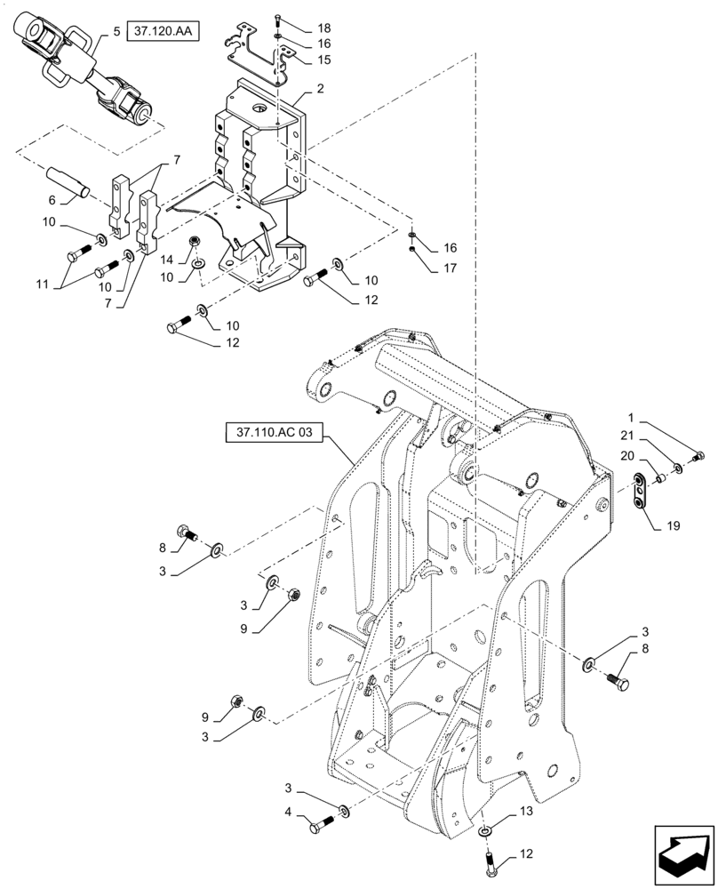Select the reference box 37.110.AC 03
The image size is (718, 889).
[x=275, y=434]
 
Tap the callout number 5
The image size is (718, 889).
[x=116, y=33]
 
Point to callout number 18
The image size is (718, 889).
[x=299, y=28]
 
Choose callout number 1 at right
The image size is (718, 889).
[x=630, y=417]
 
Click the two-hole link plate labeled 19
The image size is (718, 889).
[x=641, y=493]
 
